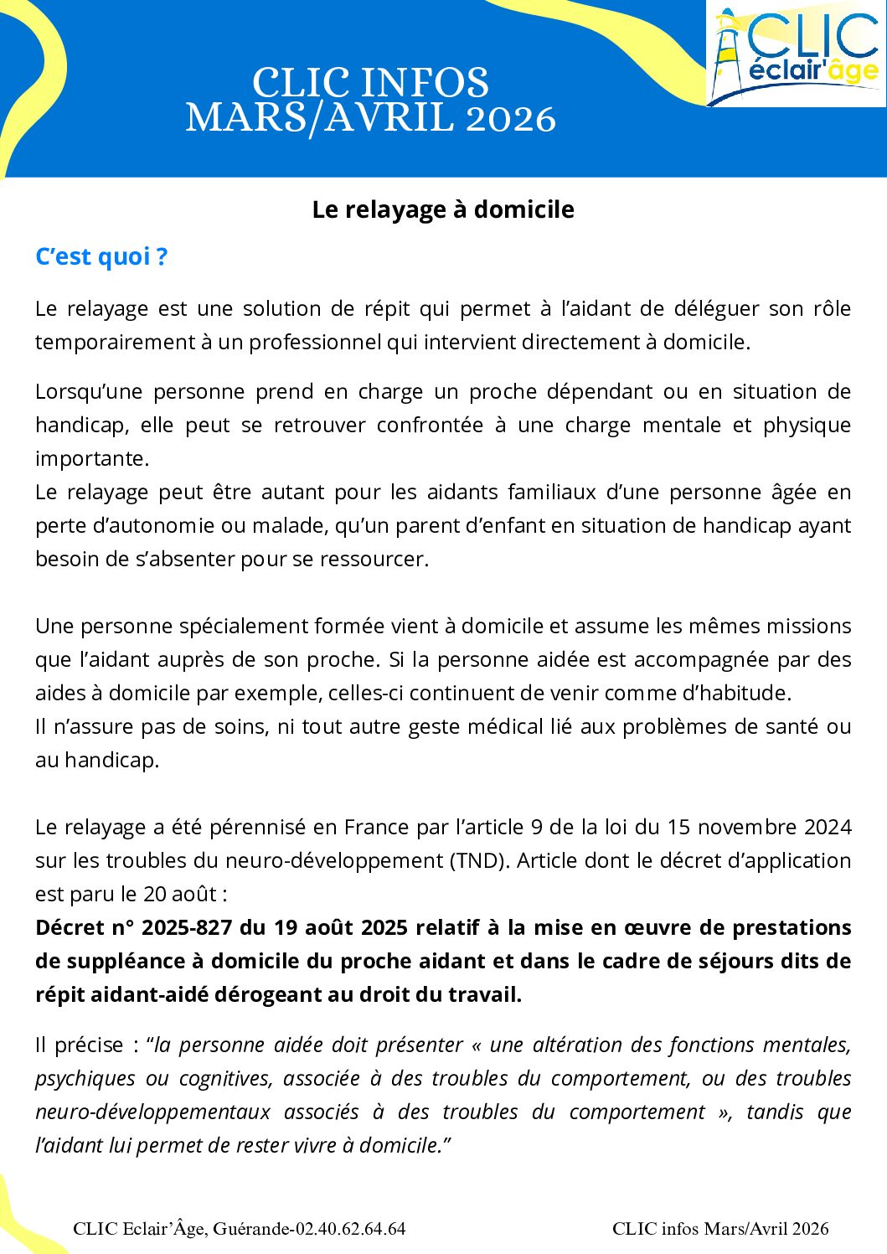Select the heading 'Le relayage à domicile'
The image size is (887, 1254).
pos(443,209)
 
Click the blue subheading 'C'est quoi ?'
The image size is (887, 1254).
pos(101,256)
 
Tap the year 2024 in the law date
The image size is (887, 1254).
pos(828,827)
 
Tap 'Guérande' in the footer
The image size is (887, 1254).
pos(251,1229)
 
